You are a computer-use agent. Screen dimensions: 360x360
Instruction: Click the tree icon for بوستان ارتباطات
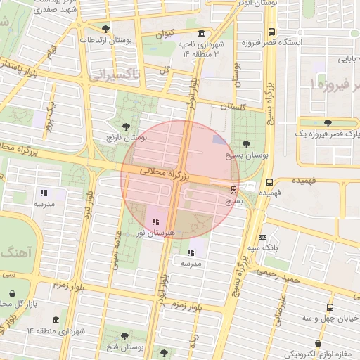(x=105, y=29)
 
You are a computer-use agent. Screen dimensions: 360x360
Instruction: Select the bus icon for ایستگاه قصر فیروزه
(x=271, y=32)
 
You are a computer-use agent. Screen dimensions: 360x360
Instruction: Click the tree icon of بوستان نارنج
(x=126, y=127)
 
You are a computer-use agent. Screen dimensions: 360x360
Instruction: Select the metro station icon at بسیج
(x=233, y=189)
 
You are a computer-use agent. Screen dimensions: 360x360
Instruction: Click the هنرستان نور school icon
(x=155, y=222)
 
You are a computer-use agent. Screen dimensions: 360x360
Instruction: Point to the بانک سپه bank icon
(x=262, y=237)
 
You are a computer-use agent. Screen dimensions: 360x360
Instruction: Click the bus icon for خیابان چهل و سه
(x=330, y=307)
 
